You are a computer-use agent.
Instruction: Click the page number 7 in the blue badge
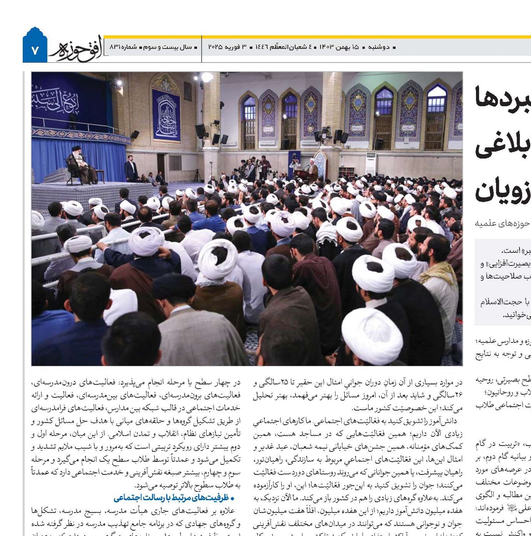(x=35, y=50)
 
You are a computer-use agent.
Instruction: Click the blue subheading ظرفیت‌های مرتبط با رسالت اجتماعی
(x=174, y=498)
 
